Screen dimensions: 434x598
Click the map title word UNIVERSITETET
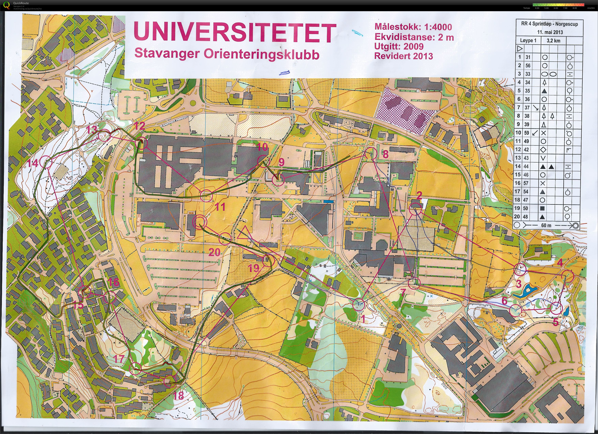point(235,33)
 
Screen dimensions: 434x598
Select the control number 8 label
point(385,154)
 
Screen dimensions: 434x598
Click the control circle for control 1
point(359,305)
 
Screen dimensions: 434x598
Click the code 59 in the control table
point(526,133)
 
